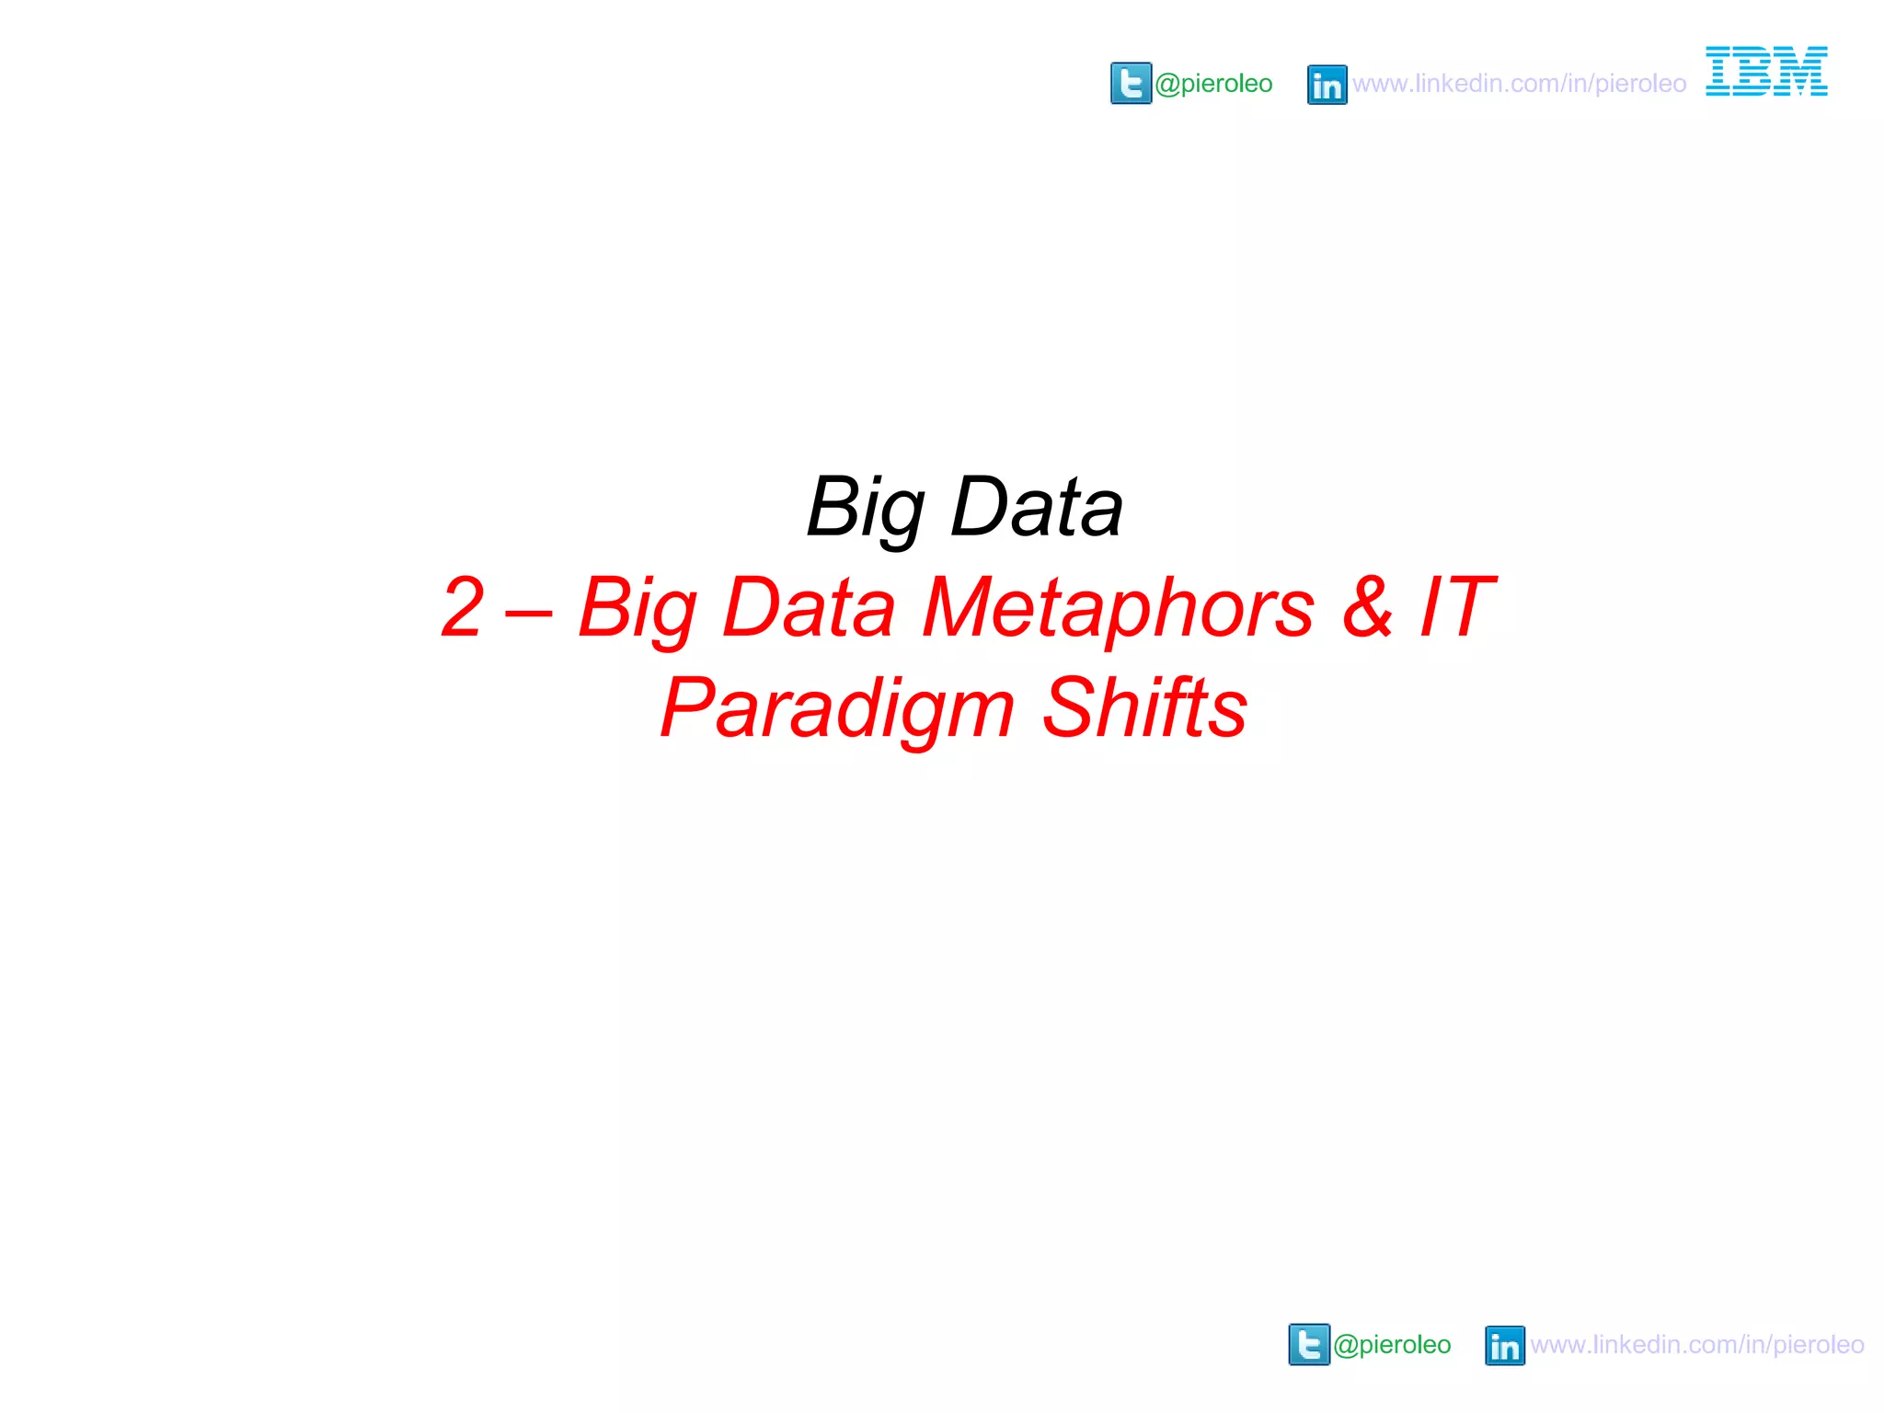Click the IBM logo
point(1766,71)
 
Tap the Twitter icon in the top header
point(1131,84)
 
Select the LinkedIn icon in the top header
point(1327,85)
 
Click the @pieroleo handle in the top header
point(1213,84)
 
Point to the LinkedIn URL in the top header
point(1519,84)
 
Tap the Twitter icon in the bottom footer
point(1309,1345)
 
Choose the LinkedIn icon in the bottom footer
point(1504,1346)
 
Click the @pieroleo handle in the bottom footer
point(1392,1345)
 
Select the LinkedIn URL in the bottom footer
point(1697,1345)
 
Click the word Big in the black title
point(866,508)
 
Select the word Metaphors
point(1118,608)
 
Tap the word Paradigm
point(837,708)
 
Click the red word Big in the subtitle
point(637,609)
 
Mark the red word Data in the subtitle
point(809,607)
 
